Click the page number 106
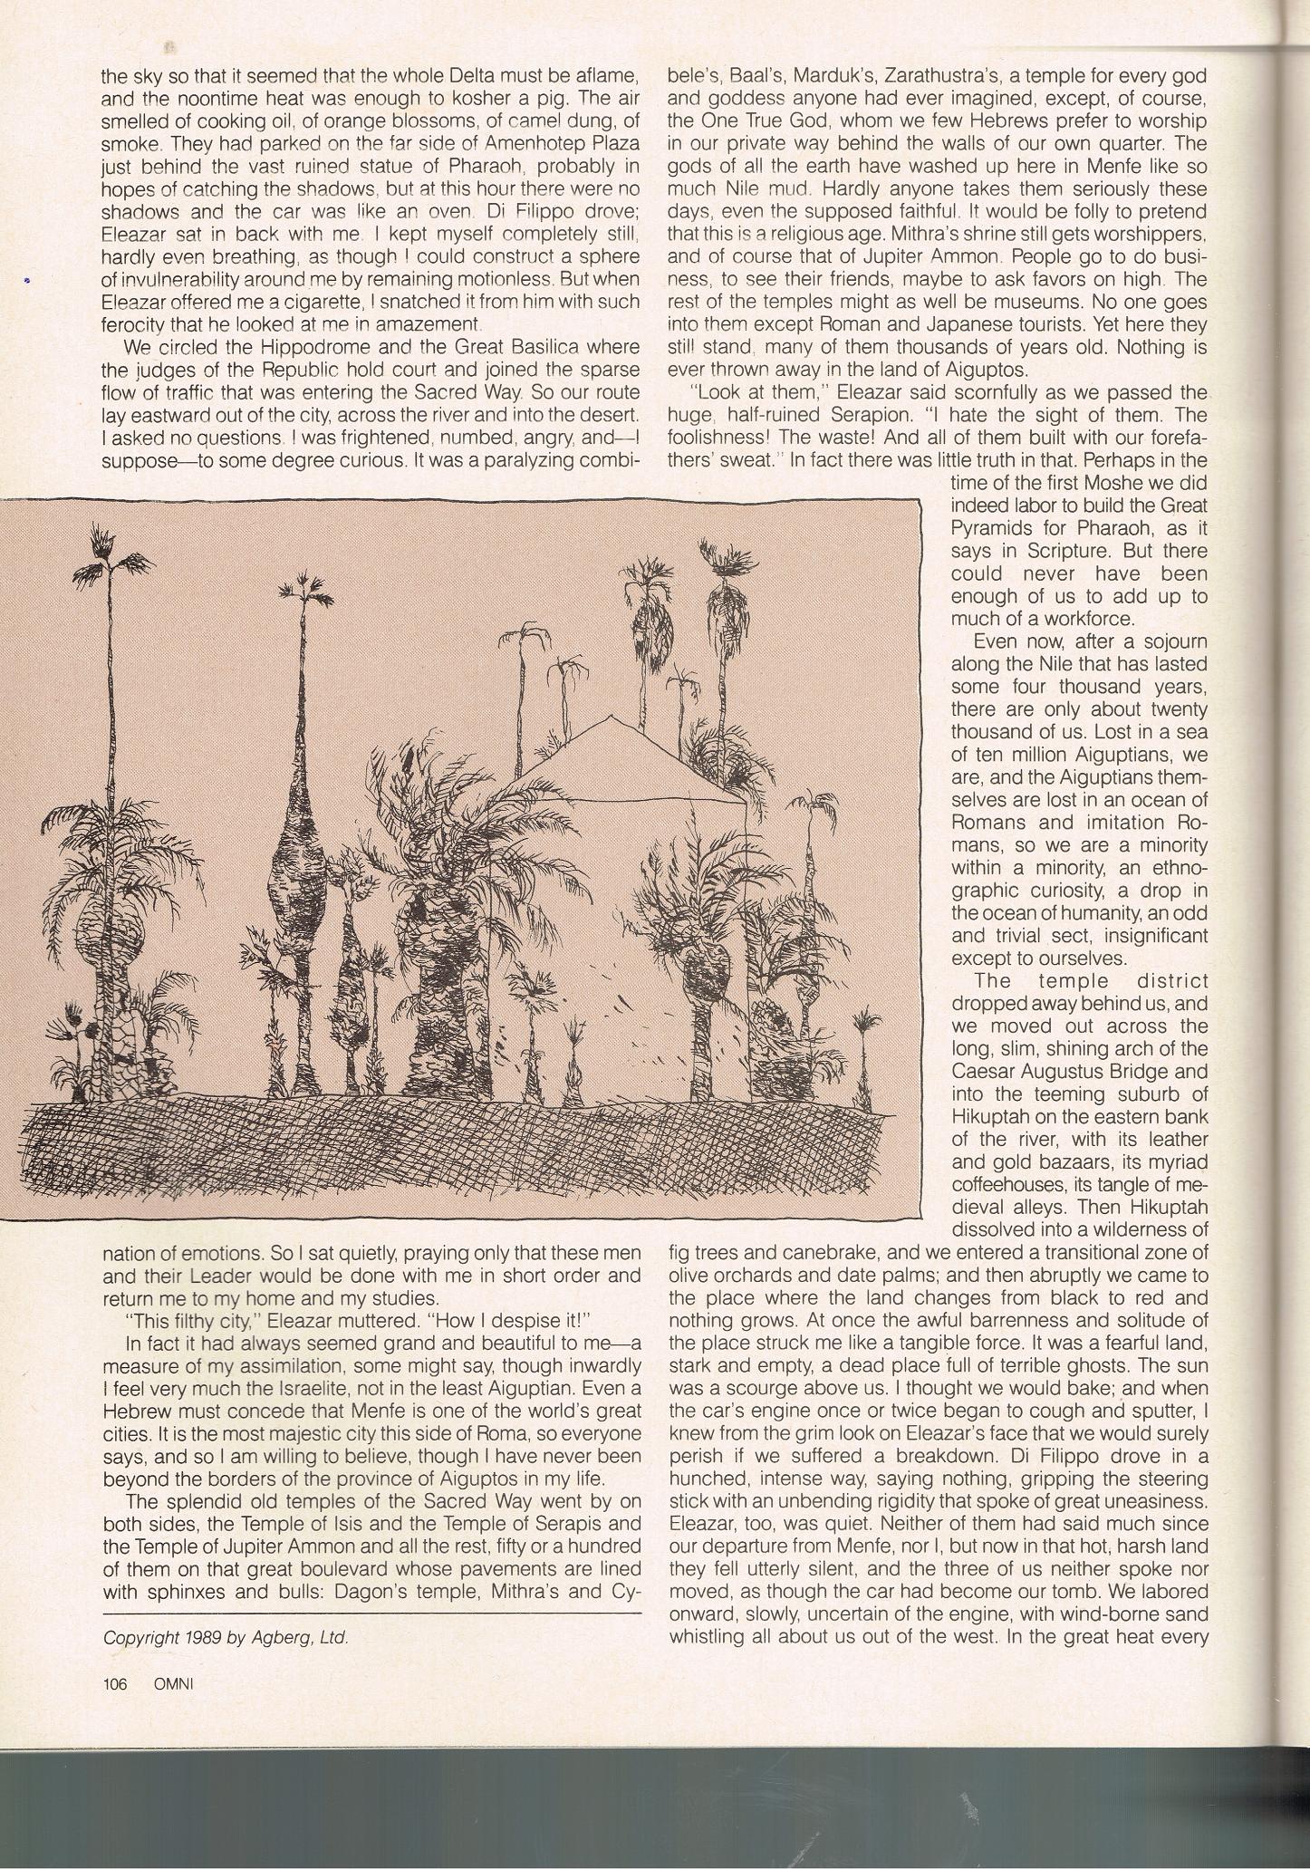[115, 1683]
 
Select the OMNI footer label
[173, 1683]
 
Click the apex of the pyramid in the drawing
[612, 716]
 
